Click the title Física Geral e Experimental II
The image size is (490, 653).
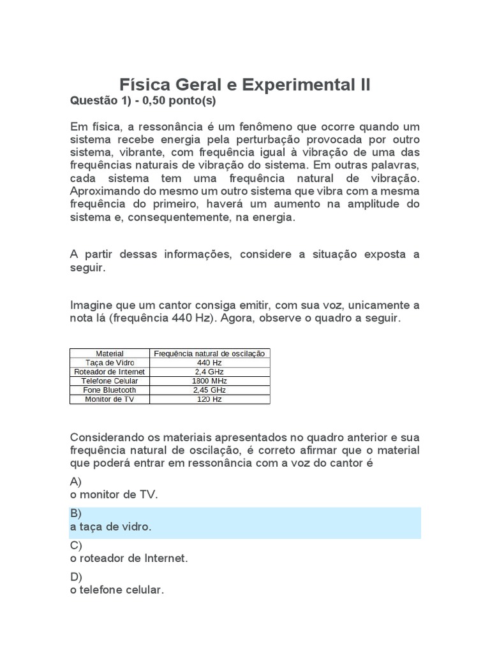coord(245,85)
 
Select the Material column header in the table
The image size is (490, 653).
coord(109,353)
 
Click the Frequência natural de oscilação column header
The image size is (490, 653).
coord(209,353)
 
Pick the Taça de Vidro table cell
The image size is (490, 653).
coord(109,362)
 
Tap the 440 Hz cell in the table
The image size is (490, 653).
coord(209,362)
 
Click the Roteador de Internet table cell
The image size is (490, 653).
coord(109,372)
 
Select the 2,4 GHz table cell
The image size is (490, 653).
coord(209,372)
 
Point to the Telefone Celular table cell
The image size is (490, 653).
coord(109,381)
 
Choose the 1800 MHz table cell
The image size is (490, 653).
coord(209,381)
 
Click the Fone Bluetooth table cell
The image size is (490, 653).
coord(109,390)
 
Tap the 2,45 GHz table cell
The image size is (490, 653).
coord(209,390)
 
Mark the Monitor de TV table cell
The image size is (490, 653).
coord(109,399)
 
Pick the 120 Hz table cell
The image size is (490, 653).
coord(209,399)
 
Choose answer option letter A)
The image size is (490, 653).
coord(76,481)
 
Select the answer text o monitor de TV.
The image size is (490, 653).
coord(113,495)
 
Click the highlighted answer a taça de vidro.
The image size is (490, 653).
coord(110,527)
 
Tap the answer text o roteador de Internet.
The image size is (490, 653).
coord(129,559)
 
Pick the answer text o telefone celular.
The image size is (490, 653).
coord(117,591)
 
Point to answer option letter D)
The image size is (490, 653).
coord(76,577)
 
